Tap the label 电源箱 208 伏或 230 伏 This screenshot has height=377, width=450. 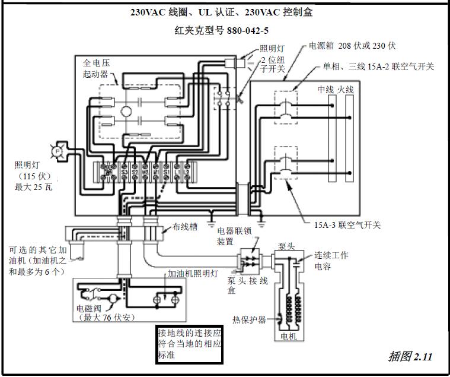click(x=352, y=45)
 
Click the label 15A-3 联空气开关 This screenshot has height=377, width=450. click(x=347, y=225)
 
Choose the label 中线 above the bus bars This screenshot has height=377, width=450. click(x=325, y=89)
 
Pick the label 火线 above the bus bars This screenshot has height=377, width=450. click(x=346, y=89)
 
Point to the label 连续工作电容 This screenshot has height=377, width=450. click(x=331, y=260)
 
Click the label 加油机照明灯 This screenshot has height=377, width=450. click(x=193, y=274)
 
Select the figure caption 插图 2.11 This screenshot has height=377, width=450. click(x=410, y=357)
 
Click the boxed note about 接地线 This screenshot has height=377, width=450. click(x=189, y=344)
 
